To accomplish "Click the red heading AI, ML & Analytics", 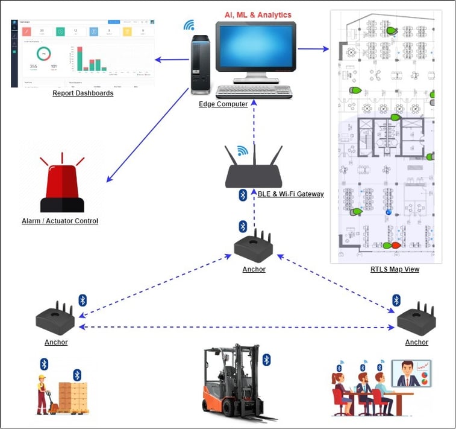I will (257, 14).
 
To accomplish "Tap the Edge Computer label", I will (223, 104).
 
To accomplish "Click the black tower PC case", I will (201, 65).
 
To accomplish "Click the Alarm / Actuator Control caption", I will (60, 221).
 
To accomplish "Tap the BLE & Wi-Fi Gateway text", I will (290, 194).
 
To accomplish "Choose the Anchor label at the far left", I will (56, 342).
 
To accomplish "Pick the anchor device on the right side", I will (417, 319).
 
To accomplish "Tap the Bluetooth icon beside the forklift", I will (266, 360).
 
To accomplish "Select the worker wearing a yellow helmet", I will (43, 393).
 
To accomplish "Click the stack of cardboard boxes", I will (72, 396).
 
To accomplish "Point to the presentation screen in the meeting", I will (411, 373).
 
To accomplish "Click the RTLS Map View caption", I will (395, 269).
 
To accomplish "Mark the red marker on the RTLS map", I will (396, 246).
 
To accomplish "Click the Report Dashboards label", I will (83, 93).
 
